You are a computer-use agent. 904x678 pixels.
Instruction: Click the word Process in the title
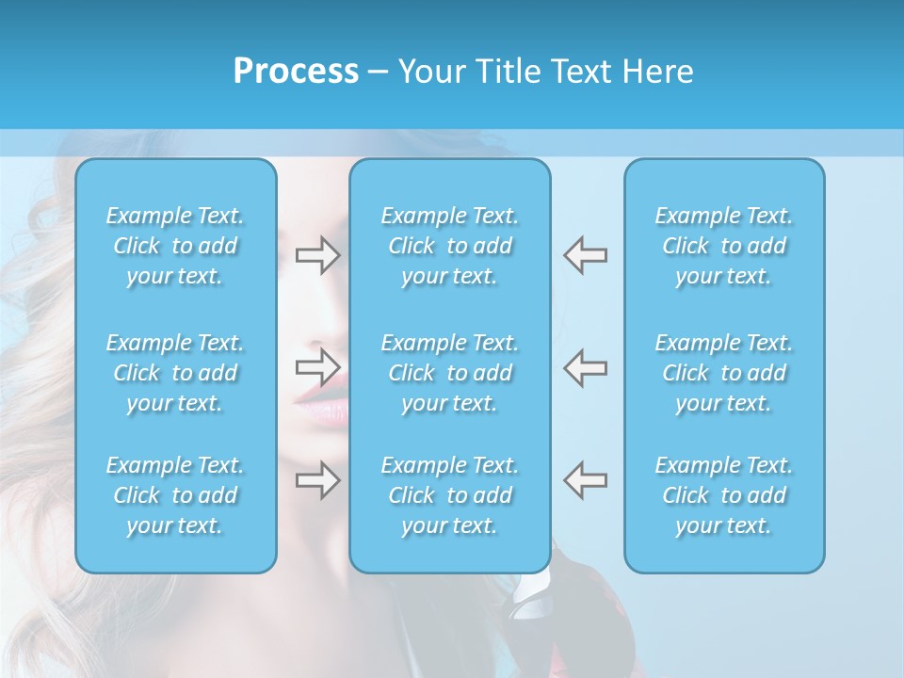296,72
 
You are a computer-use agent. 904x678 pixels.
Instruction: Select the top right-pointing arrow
317,255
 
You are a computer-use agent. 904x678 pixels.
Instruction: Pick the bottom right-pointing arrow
317,479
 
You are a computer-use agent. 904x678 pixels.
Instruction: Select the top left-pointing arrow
586,255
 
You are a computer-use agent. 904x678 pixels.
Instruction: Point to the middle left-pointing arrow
586,367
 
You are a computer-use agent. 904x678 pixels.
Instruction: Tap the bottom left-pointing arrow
586,479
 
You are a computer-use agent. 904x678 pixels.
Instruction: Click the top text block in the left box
175,246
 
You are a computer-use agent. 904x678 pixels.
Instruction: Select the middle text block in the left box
175,373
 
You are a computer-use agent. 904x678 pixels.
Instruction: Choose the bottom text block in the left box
175,495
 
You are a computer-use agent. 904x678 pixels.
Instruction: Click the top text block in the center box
450,246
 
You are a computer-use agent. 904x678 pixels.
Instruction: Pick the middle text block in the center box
450,373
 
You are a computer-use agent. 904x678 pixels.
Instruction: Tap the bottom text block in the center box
450,495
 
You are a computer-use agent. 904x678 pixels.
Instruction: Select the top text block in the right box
724,246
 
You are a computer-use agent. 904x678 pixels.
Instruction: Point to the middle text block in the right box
724,373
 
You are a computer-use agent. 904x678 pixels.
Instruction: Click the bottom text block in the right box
724,495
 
